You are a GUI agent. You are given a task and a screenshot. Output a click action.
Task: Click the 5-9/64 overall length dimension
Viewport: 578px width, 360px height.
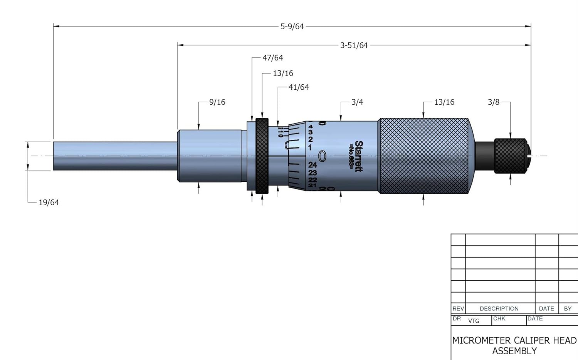(x=292, y=27)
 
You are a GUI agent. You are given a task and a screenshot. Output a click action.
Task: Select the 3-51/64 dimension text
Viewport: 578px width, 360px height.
(x=354, y=45)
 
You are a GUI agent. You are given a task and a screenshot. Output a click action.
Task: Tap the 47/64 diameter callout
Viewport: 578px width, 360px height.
(x=272, y=58)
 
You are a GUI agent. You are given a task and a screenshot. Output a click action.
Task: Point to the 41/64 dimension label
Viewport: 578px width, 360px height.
(x=299, y=87)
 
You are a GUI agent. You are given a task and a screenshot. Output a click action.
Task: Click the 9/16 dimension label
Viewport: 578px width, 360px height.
(x=217, y=102)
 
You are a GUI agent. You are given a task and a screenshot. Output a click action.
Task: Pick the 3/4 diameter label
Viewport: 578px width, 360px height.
(x=357, y=102)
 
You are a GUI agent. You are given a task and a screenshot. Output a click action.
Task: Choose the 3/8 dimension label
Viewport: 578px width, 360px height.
(x=494, y=102)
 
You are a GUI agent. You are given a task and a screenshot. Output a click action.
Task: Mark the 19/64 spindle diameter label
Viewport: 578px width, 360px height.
(x=49, y=203)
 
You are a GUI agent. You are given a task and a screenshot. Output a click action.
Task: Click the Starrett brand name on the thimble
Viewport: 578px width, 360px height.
(x=358, y=156)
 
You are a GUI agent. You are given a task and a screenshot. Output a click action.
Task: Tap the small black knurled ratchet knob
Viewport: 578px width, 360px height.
(x=510, y=156)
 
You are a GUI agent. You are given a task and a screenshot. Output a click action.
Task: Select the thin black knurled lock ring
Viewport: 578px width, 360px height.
(x=262, y=156)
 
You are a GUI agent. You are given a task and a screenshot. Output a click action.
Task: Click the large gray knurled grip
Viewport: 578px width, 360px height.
(x=423, y=156)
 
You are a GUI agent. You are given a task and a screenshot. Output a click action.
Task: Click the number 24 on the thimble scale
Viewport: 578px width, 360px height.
(x=313, y=165)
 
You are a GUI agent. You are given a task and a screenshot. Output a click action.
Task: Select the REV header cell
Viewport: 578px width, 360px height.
(x=458, y=309)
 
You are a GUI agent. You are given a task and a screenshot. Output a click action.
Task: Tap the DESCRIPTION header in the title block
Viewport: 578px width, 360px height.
(x=499, y=309)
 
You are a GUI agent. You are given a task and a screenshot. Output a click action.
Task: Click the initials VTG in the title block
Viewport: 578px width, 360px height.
(x=474, y=321)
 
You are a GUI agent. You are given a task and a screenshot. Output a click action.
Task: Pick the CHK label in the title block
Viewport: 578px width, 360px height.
(x=499, y=319)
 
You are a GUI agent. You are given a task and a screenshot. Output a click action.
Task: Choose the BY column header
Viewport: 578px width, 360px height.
(x=568, y=309)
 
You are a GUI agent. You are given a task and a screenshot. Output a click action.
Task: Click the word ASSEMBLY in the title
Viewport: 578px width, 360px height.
(x=514, y=351)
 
